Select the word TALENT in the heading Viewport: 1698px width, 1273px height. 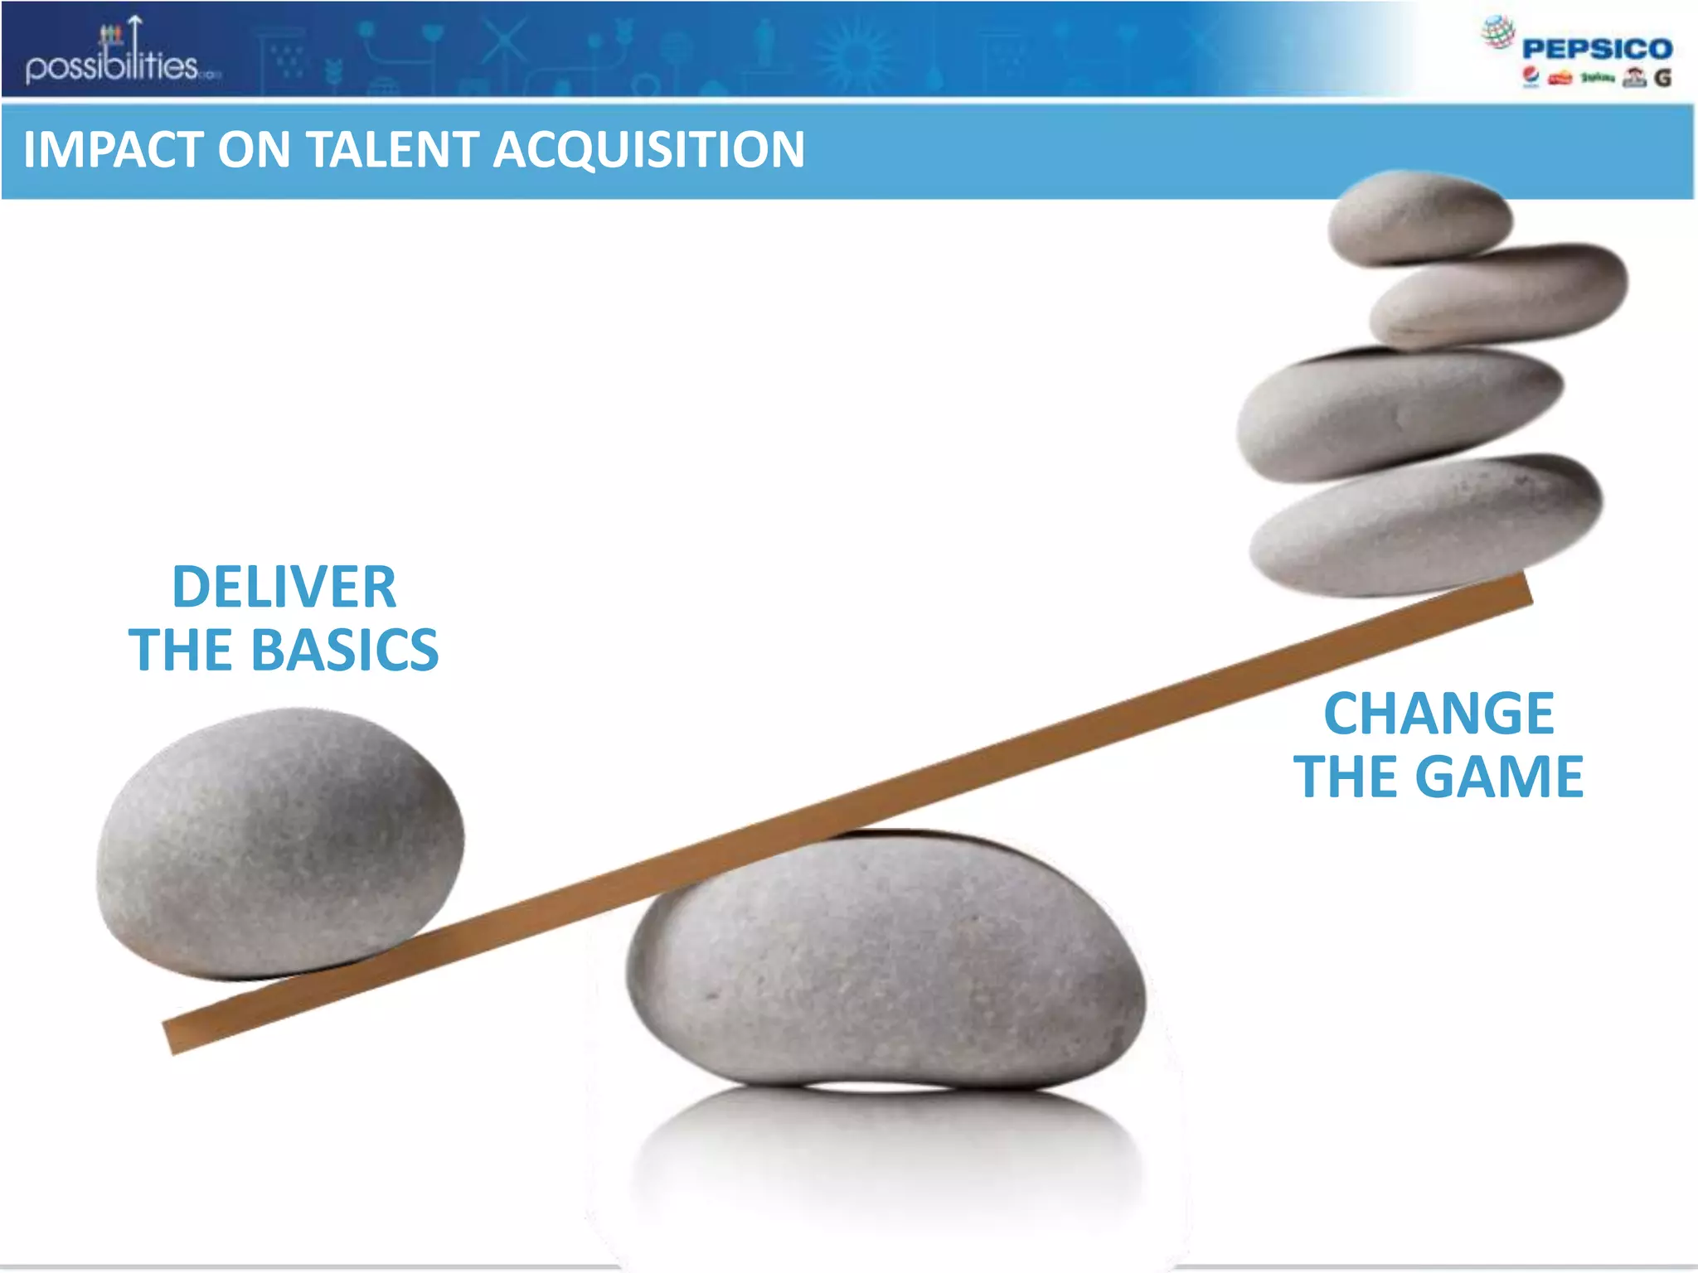(x=394, y=150)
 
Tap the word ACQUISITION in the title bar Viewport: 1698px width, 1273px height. (x=648, y=150)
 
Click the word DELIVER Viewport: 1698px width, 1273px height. (x=284, y=587)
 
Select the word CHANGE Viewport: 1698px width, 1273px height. (x=1438, y=714)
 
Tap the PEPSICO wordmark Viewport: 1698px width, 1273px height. (x=1597, y=49)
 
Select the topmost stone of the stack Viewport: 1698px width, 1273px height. (x=1419, y=217)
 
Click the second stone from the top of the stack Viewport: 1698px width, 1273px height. (x=1501, y=294)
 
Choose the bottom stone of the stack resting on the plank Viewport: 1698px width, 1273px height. (x=1426, y=525)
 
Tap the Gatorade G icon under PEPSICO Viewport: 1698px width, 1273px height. (x=1662, y=78)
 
